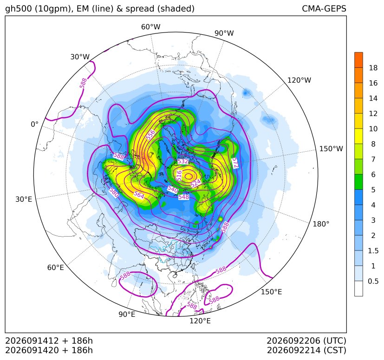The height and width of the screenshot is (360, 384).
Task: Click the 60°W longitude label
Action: (150, 27)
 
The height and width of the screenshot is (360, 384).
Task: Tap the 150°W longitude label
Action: (331, 148)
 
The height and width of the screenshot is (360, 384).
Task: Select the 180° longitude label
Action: (321, 224)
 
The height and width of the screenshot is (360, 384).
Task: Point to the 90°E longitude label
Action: (127, 314)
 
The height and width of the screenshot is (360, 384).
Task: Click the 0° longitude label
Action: (34, 124)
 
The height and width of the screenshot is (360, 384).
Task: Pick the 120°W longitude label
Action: (299, 80)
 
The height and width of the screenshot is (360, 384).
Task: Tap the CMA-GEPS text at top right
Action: (324, 8)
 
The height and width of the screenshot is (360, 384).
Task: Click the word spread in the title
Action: (140, 9)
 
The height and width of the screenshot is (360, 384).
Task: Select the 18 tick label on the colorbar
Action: (373, 68)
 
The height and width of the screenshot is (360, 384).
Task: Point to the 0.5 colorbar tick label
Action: (373, 281)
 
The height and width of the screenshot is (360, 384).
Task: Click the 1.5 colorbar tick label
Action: (373, 251)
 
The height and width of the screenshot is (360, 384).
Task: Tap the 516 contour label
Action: (179, 175)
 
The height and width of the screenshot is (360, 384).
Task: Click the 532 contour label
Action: (182, 161)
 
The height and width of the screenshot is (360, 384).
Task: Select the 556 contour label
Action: (150, 135)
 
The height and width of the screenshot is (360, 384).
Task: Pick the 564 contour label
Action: (139, 195)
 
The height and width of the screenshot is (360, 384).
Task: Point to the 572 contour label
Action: (235, 163)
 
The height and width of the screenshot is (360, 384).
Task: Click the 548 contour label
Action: (184, 197)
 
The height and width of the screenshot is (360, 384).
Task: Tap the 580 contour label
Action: (114, 193)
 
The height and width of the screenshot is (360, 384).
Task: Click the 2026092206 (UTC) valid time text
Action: (306, 341)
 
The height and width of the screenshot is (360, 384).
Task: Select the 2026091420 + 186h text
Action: (49, 350)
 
